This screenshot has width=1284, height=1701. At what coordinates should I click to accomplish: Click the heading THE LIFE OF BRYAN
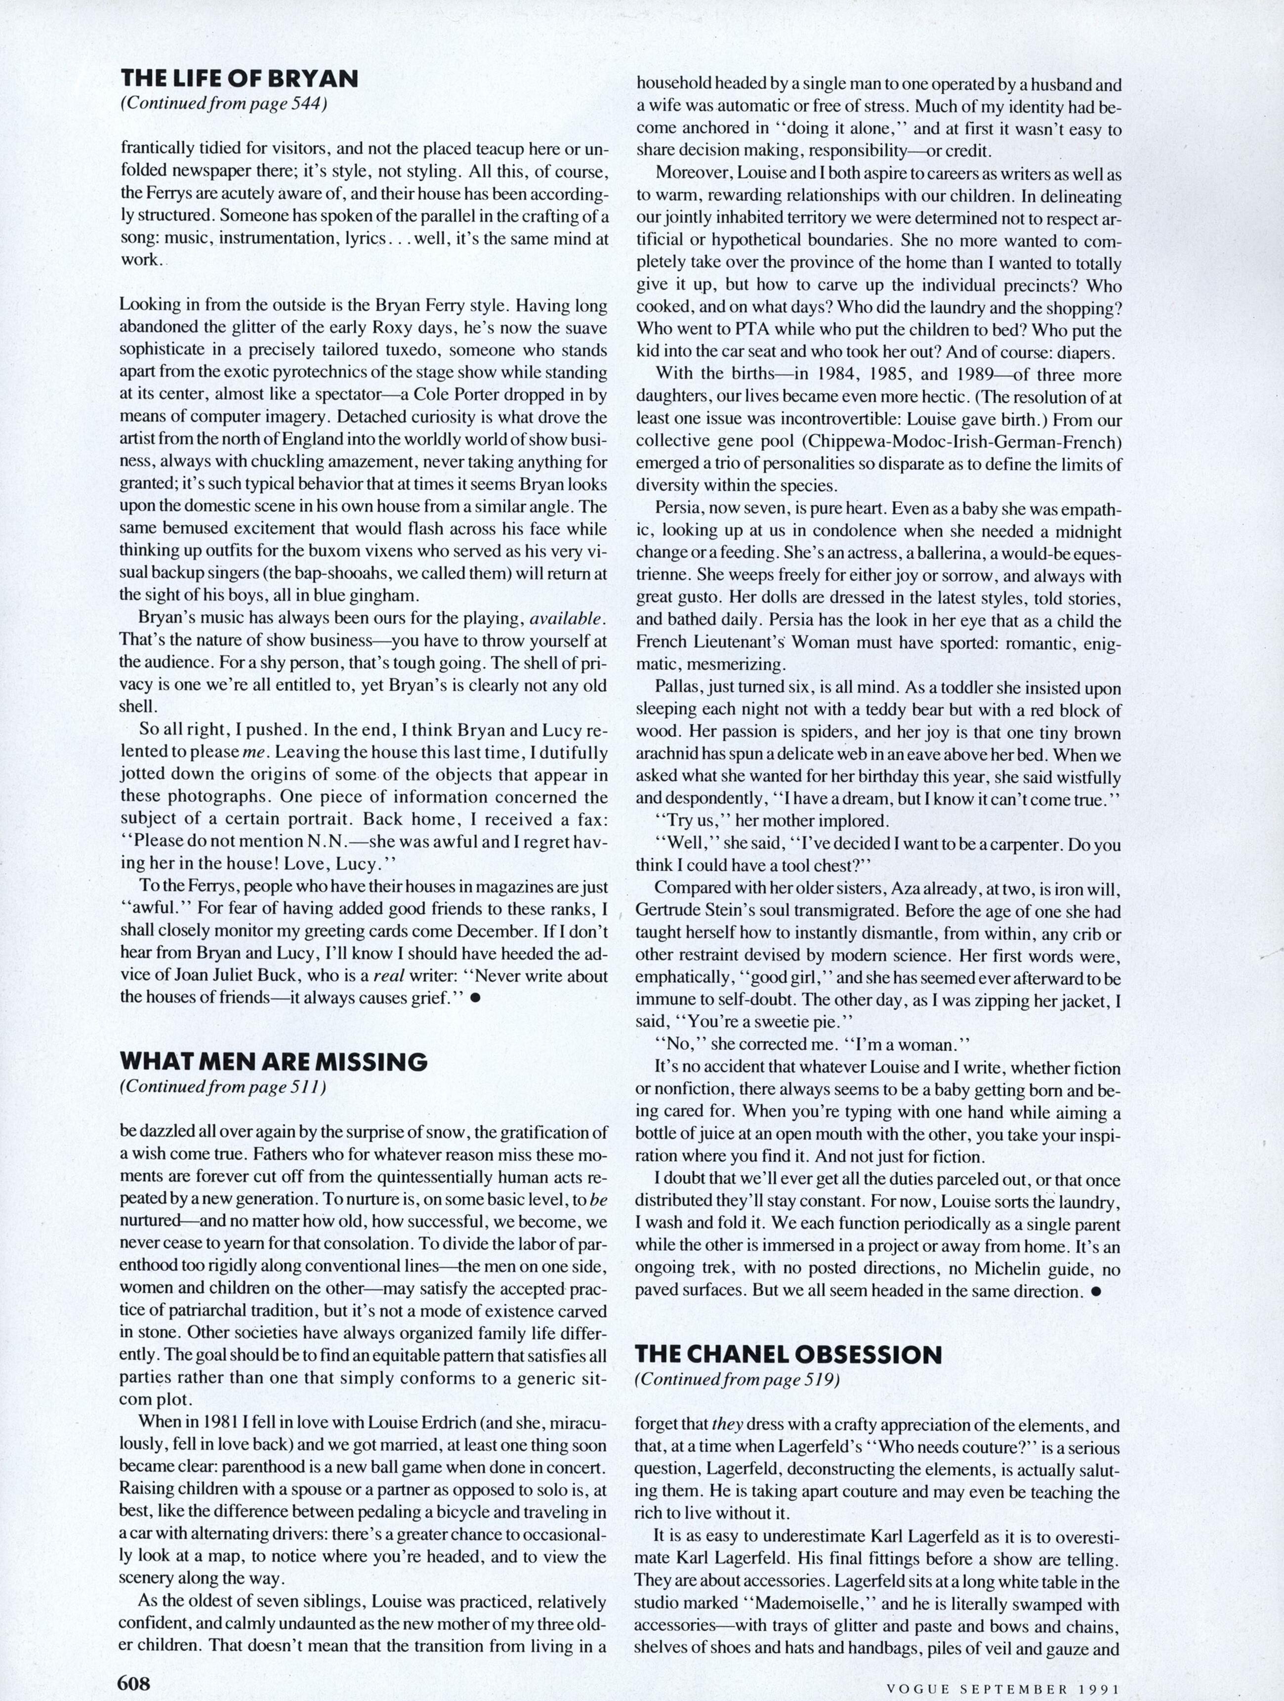(x=239, y=79)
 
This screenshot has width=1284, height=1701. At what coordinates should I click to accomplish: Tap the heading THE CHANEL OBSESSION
(x=788, y=1354)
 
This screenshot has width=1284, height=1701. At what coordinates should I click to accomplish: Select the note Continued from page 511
(x=223, y=1087)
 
